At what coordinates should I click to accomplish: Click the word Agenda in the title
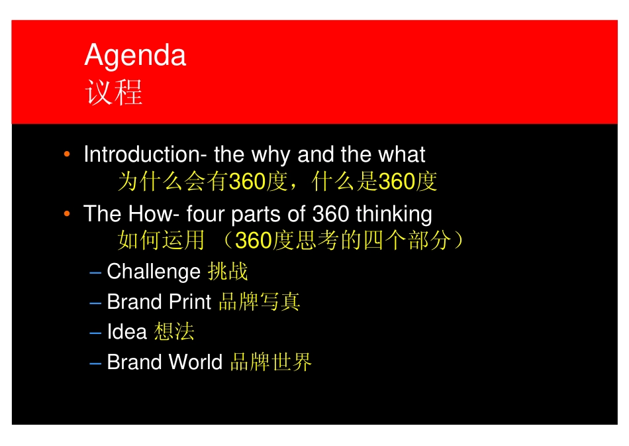[135, 56]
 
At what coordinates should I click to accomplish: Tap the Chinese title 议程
[113, 93]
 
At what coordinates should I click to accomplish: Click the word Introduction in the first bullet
[141, 154]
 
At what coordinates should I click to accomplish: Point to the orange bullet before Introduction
[67, 154]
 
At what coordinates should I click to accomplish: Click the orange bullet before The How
[67, 214]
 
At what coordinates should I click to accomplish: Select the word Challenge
[154, 272]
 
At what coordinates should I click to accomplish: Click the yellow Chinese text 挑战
[228, 272]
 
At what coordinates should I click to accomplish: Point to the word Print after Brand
[190, 302]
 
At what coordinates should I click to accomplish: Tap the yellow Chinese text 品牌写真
[260, 302]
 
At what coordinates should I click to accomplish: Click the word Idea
[126, 332]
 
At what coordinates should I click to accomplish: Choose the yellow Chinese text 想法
[174, 332]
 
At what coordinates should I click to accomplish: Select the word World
[195, 362]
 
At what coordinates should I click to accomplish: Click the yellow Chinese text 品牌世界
[271, 362]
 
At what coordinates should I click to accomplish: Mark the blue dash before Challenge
[95, 272]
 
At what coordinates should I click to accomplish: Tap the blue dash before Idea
[95, 333]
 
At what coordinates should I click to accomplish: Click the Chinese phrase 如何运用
[161, 241]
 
